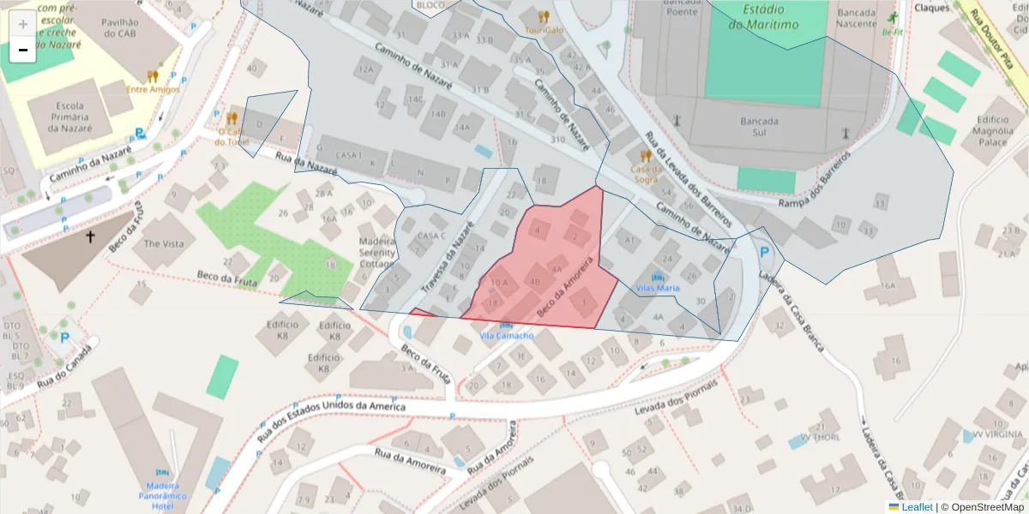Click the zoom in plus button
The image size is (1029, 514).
tap(23, 24)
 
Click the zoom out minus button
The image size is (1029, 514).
tap(23, 50)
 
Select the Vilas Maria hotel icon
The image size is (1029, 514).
tap(658, 277)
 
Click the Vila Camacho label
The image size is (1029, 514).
tap(506, 336)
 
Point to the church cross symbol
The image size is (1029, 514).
tap(90, 236)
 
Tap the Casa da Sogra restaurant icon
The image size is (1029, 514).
tap(646, 157)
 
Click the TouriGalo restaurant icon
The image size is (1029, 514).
tap(544, 16)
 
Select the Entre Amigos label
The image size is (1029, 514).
tap(153, 89)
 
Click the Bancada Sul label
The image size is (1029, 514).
tap(759, 127)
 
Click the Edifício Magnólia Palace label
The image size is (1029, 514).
tap(994, 131)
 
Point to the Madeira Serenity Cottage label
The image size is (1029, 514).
tap(376, 253)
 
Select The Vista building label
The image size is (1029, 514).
tap(164, 244)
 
